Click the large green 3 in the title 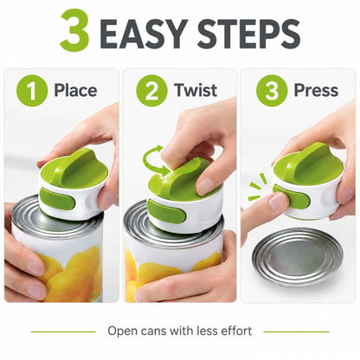74,30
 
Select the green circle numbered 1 32,91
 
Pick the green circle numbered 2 151,91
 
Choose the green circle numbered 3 272,91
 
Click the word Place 75,90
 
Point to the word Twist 196,90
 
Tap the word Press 316,90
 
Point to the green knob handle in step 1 74,167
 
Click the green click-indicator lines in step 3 258,187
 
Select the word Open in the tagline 121,331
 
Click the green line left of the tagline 63,331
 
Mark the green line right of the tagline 296,331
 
